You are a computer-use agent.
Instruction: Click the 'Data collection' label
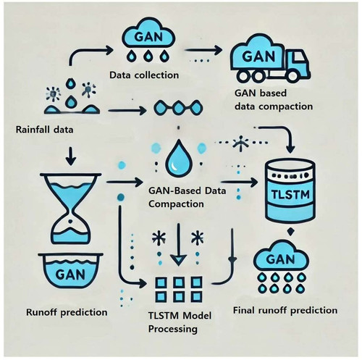(x=144, y=75)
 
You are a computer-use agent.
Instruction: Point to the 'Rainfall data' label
(x=44, y=130)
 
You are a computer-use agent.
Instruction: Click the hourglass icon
(x=71, y=208)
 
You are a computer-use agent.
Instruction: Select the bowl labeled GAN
(x=71, y=271)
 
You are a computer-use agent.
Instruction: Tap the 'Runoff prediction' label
(x=67, y=312)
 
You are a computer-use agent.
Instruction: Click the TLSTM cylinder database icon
(x=290, y=191)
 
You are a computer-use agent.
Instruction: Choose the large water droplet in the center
(x=179, y=158)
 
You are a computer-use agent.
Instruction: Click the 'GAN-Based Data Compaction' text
(x=187, y=197)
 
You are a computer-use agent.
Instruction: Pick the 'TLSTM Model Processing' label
(x=180, y=322)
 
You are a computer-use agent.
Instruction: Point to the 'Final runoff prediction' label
(x=285, y=310)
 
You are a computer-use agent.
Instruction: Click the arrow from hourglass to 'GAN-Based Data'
(x=125, y=182)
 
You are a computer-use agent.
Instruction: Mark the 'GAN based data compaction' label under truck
(x=274, y=100)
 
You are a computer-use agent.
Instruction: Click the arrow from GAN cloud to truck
(x=203, y=50)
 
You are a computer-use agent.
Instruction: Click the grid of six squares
(x=179, y=289)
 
